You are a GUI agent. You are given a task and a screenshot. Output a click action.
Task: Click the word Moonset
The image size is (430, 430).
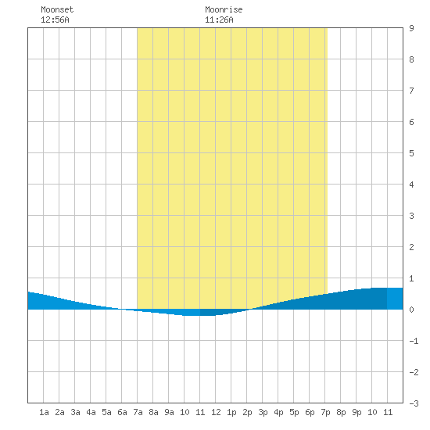click(57, 9)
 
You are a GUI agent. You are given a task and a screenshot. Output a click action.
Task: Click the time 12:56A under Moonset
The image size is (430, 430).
click(55, 20)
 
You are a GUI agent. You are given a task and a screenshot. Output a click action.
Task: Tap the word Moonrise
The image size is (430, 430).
click(224, 9)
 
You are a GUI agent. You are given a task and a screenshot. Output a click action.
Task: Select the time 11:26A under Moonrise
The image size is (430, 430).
click(219, 20)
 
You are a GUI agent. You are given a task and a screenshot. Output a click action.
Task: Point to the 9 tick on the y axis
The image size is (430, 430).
click(411, 28)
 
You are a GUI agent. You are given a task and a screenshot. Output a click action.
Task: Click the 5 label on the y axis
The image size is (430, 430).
click(411, 153)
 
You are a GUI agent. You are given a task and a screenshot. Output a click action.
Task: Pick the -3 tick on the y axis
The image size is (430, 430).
click(414, 403)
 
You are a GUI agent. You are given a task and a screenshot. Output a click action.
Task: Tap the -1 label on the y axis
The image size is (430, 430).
click(414, 341)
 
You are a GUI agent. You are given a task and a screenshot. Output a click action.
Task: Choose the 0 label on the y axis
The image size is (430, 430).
click(411, 310)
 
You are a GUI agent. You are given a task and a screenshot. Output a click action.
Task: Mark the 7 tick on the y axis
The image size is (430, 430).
click(411, 91)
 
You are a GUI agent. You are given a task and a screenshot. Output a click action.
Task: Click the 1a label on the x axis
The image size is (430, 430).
click(44, 412)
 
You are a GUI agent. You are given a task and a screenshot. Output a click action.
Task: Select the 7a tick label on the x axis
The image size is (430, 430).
click(138, 412)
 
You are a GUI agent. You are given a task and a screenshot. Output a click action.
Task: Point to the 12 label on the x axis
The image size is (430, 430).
click(216, 412)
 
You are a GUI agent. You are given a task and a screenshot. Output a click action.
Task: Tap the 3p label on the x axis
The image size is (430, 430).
click(263, 412)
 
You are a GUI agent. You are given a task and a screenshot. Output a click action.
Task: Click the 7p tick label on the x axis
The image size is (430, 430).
click(325, 412)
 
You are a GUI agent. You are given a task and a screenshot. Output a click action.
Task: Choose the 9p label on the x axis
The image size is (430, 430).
click(357, 412)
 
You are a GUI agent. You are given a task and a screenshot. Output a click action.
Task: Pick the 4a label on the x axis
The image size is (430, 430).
click(91, 412)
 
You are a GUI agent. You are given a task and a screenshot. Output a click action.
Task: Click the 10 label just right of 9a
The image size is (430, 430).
click(185, 412)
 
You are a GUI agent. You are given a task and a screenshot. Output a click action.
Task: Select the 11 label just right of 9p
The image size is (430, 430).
click(388, 412)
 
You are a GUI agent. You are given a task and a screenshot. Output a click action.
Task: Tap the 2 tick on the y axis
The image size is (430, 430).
click(411, 247)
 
